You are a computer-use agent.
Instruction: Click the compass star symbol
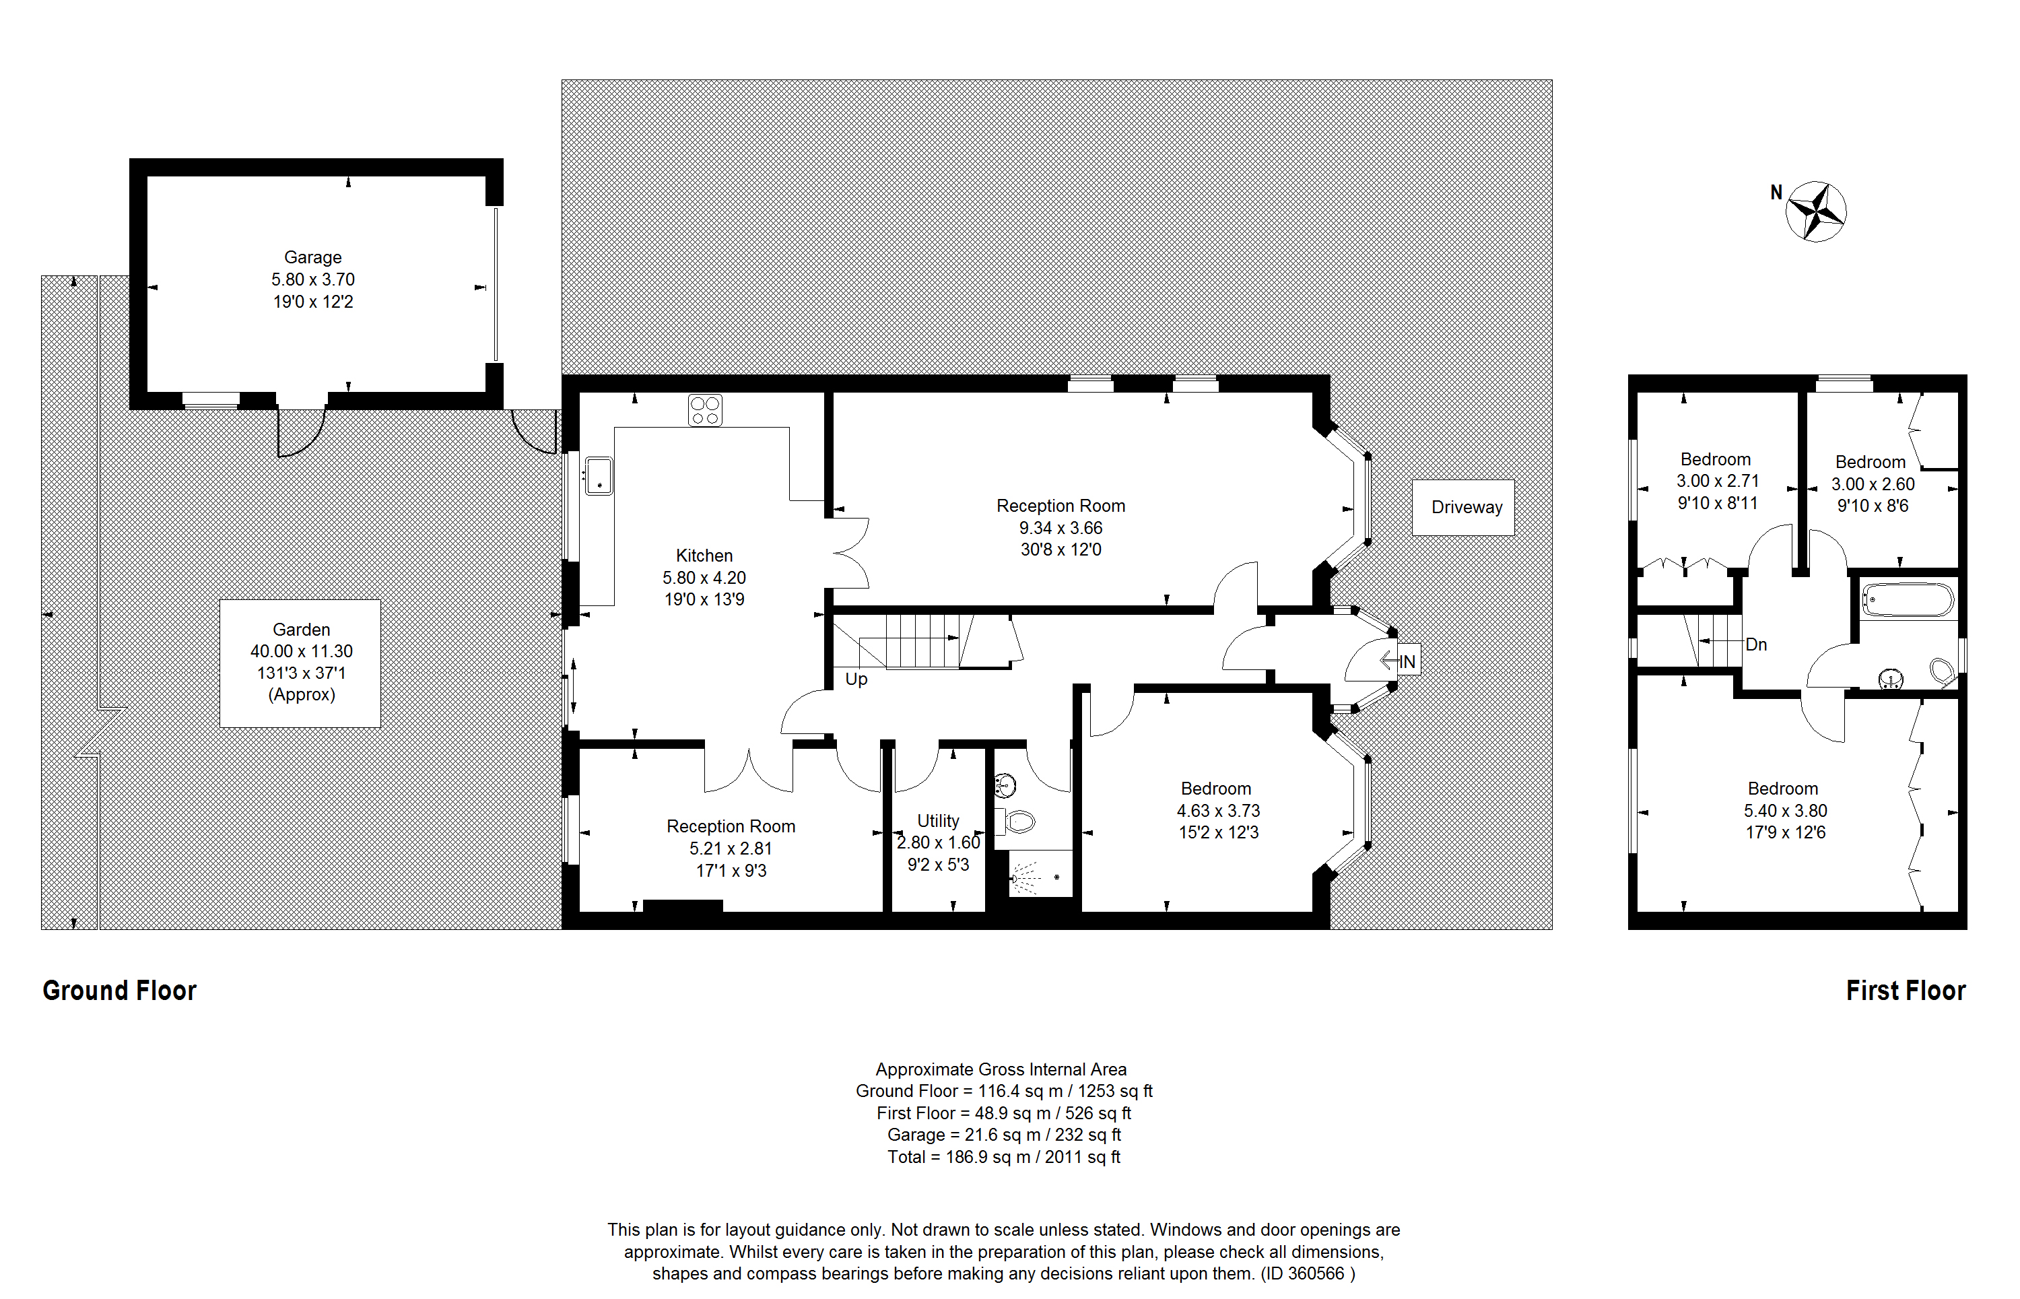tap(1816, 211)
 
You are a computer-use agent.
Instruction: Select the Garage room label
tap(313, 257)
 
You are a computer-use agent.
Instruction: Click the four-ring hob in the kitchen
tap(705, 411)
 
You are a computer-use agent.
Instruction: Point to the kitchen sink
tap(599, 475)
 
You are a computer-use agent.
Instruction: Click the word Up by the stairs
tap(856, 679)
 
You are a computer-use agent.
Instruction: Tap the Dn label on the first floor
tap(1756, 644)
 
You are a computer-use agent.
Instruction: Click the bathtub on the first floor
tap(1907, 601)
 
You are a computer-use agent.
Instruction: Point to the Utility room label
tap(938, 821)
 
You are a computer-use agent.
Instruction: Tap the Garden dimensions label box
tap(300, 663)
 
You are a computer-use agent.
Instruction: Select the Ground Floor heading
tap(120, 991)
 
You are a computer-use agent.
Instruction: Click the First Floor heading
tap(1906, 991)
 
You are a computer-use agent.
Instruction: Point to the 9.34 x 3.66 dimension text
tap(1060, 528)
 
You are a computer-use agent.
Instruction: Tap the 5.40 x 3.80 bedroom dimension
tap(1786, 811)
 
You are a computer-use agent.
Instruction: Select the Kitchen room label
tap(704, 556)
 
